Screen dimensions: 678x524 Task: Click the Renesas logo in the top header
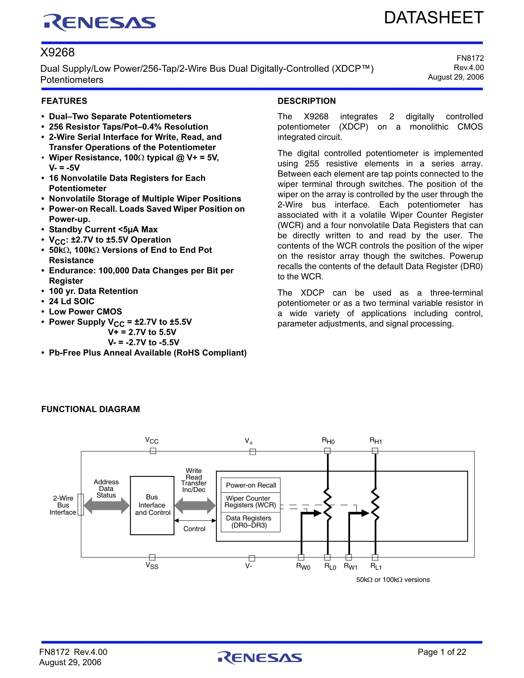point(99,23)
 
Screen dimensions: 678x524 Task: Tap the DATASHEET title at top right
point(433,18)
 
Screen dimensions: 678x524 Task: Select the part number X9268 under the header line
point(58,53)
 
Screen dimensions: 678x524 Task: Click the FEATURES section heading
point(64,101)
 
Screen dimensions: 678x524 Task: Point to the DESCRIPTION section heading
point(306,101)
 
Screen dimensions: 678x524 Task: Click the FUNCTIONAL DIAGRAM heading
point(90,409)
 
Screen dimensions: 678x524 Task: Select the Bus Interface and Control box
point(152,505)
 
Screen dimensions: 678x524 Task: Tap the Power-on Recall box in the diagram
point(250,485)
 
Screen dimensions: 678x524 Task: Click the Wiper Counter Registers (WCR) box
point(250,502)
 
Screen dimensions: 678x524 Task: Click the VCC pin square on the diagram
point(153,451)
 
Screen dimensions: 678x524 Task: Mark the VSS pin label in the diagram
point(152,566)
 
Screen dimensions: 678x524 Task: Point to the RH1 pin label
point(376,441)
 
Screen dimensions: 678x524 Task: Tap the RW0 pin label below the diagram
point(303,567)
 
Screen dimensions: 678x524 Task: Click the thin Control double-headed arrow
point(195,520)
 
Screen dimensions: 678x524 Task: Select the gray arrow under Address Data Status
point(107,505)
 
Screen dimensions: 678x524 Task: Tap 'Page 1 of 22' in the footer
point(442,652)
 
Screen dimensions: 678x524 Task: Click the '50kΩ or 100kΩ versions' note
point(393,579)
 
